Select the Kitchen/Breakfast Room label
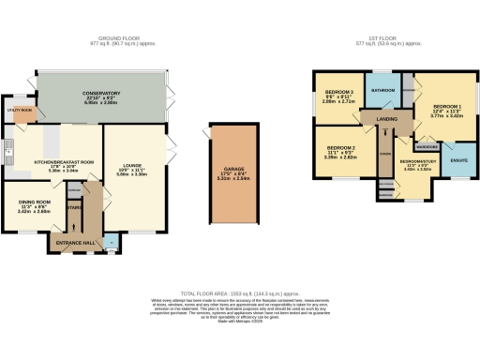point(64,162)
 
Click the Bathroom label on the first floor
point(382,90)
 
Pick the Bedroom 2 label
point(340,148)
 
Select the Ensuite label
point(459,159)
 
